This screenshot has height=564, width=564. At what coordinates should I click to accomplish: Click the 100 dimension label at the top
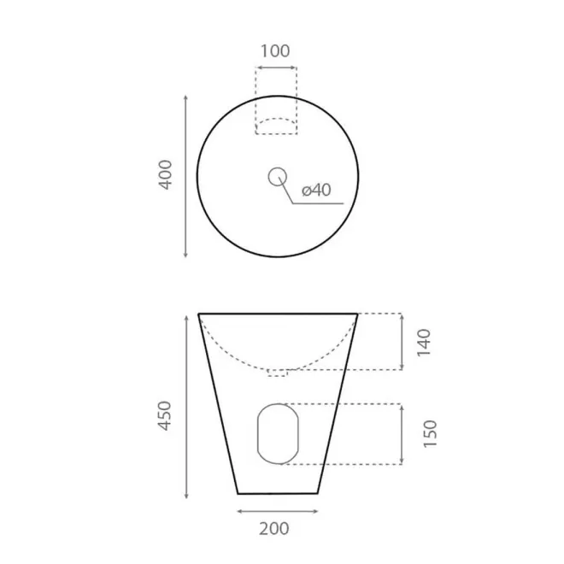point(275,51)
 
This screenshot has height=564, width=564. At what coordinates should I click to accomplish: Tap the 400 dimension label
point(166,174)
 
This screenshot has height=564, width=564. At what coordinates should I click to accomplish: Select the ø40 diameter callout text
point(316,190)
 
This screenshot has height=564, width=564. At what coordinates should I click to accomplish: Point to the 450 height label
point(165,415)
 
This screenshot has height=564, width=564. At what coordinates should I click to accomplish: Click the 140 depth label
point(424,343)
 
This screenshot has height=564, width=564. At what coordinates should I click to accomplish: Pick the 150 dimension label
point(430,434)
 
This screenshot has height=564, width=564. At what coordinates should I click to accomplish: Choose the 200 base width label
point(274,529)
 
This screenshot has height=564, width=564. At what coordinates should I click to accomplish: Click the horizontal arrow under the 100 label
point(276,68)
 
